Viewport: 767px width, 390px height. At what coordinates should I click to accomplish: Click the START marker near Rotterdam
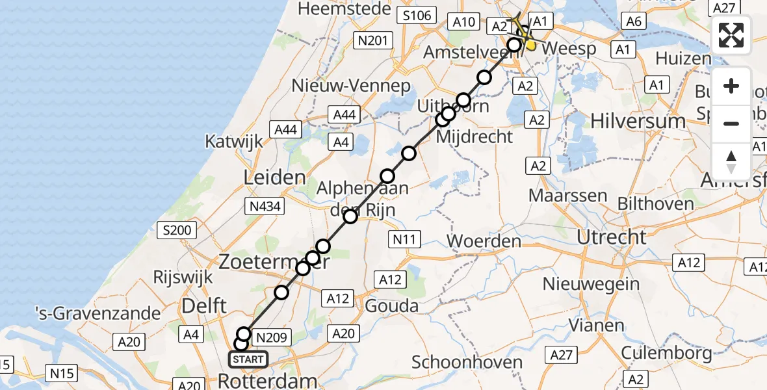pyautogui.click(x=248, y=359)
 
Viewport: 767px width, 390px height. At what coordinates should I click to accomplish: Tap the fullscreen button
pyautogui.click(x=731, y=35)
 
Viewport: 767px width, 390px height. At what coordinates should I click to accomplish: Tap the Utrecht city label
pyautogui.click(x=612, y=237)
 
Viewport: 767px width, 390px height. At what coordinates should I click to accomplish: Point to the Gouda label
pyautogui.click(x=392, y=305)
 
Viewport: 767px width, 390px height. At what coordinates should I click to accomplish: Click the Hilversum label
pyautogui.click(x=629, y=121)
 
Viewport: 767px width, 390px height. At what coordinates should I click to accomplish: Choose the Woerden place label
pyautogui.click(x=484, y=241)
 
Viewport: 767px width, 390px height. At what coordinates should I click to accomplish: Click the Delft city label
pyautogui.click(x=205, y=305)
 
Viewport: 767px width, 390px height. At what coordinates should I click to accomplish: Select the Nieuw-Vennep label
pyautogui.click(x=351, y=85)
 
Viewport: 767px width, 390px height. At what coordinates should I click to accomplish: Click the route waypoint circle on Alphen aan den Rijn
pyautogui.click(x=350, y=216)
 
